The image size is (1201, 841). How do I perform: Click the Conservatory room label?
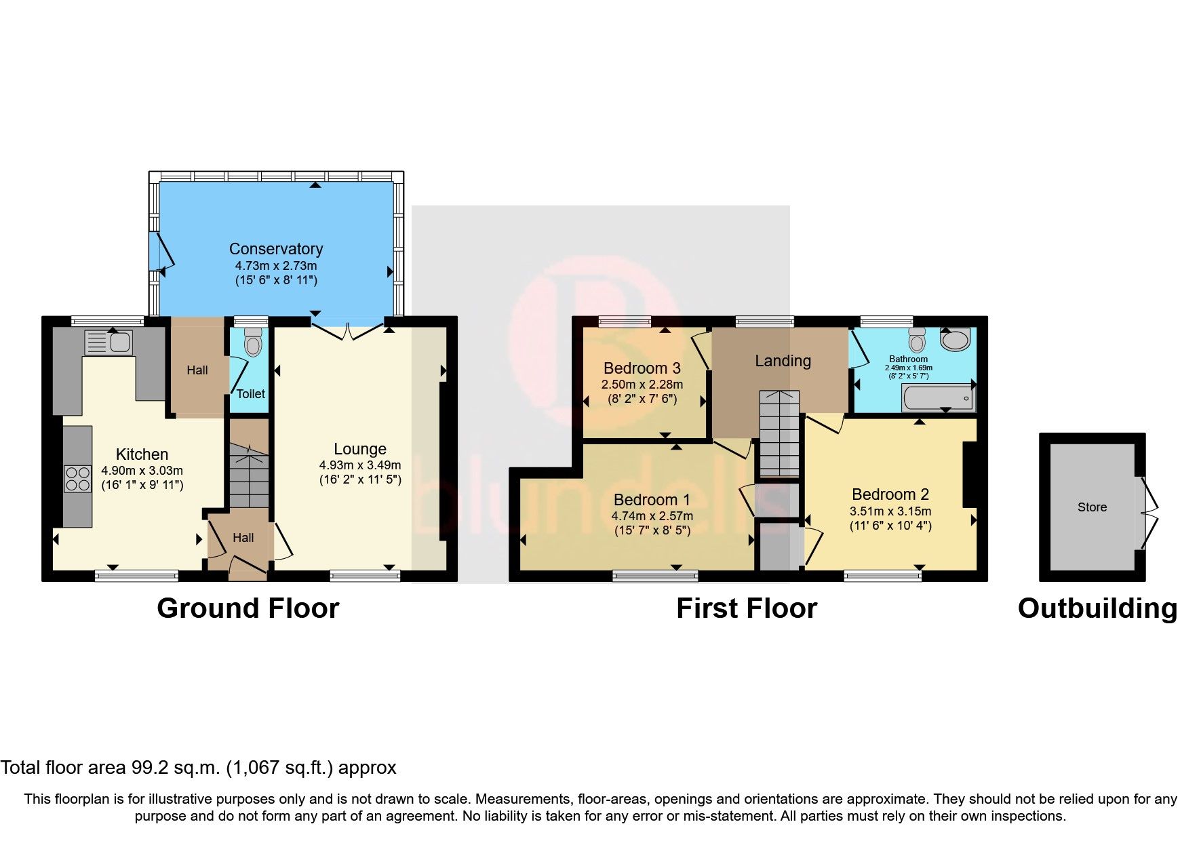pyautogui.click(x=275, y=249)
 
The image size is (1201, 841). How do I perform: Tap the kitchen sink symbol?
pyautogui.click(x=109, y=342)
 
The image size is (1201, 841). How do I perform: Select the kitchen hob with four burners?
pyautogui.click(x=78, y=478)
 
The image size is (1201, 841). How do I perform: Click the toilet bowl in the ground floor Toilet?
pyautogui.click(x=252, y=344)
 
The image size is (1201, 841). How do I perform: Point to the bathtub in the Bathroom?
pyautogui.click(x=938, y=397)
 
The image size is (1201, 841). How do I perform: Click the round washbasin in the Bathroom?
pyautogui.click(x=957, y=339)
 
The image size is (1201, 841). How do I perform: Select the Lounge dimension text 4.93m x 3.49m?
pyautogui.click(x=360, y=465)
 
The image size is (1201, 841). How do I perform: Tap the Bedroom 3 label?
pyautogui.click(x=642, y=368)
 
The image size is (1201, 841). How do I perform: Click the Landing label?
pyautogui.click(x=783, y=361)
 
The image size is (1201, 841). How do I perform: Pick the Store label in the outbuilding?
pyautogui.click(x=1092, y=507)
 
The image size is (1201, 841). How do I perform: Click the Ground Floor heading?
pyautogui.click(x=248, y=608)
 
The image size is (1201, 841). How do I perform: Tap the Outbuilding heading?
pyautogui.click(x=1097, y=608)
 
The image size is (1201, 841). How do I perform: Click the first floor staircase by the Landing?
pyautogui.click(x=779, y=434)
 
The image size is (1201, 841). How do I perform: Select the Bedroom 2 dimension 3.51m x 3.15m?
pyautogui.click(x=890, y=511)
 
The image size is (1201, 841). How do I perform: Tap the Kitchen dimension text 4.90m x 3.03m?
pyautogui.click(x=142, y=471)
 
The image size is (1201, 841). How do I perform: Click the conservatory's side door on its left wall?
pyautogui.click(x=161, y=251)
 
